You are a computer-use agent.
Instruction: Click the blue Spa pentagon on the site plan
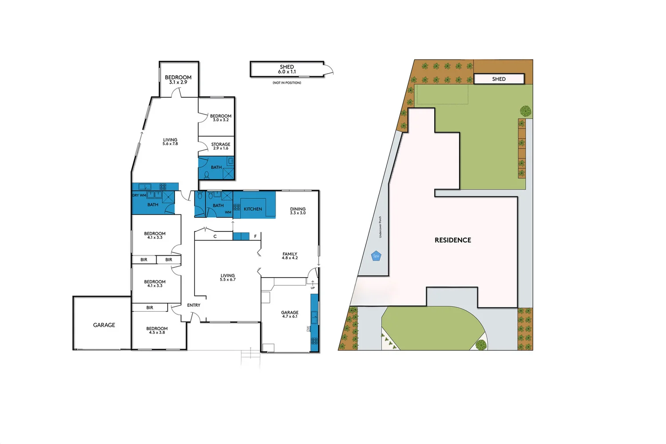click(x=376, y=256)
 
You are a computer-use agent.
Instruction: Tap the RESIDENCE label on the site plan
click(x=453, y=240)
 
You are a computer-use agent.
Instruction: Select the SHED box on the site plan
click(x=499, y=79)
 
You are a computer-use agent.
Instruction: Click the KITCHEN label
click(x=253, y=209)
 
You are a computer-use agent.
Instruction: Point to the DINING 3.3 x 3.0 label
click(x=298, y=211)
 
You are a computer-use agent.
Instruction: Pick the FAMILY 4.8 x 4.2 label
click(x=290, y=256)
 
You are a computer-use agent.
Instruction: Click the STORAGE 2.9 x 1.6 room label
click(x=221, y=146)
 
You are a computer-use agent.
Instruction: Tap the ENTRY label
click(x=194, y=305)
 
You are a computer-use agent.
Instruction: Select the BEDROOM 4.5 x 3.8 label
click(x=157, y=330)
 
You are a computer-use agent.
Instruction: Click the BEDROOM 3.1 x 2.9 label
click(x=178, y=79)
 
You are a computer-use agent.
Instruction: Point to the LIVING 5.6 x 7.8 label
click(x=170, y=142)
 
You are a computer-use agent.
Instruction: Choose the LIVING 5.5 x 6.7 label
click(x=228, y=277)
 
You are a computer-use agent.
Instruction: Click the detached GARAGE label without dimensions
click(x=104, y=325)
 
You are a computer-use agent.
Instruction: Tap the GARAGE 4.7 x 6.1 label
click(x=290, y=314)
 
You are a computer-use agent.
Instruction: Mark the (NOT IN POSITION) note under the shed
click(x=287, y=83)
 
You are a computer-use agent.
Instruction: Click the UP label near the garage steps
click(x=313, y=288)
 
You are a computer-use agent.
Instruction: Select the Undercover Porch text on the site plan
click(x=381, y=227)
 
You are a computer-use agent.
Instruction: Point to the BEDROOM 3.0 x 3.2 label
click(x=221, y=118)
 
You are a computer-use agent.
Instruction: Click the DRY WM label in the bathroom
click(x=139, y=195)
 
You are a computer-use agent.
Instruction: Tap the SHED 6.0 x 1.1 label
click(x=287, y=69)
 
